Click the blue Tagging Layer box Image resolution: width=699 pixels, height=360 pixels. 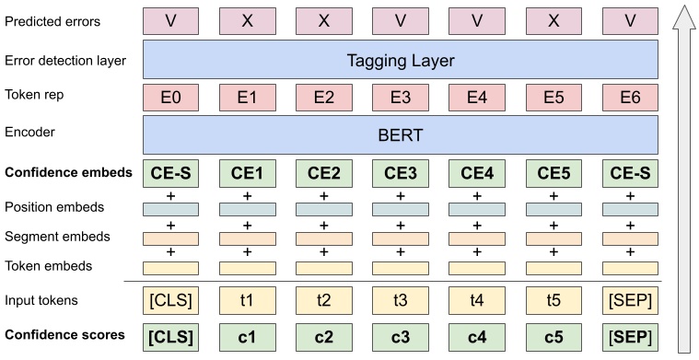coord(401,61)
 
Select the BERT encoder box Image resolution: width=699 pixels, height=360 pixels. coord(401,134)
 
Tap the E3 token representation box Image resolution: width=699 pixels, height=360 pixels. coord(401,97)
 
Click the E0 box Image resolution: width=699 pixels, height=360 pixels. coord(171,97)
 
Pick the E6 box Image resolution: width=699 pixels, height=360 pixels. coord(630,97)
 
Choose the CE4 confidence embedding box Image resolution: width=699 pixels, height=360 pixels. coord(477,172)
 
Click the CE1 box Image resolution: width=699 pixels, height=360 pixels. coord(248,172)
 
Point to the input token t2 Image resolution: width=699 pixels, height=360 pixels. coord(324,299)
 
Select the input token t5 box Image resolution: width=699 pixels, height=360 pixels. coord(553,299)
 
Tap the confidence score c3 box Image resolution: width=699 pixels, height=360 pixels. coord(401,335)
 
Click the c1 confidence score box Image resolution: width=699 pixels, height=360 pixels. coord(248,335)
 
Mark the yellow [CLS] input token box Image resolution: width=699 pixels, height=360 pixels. coord(171,299)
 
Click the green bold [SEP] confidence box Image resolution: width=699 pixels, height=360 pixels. coord(630,335)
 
